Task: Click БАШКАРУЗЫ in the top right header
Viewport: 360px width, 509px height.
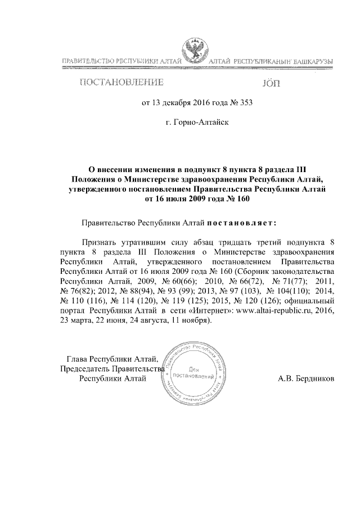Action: [310, 60]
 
